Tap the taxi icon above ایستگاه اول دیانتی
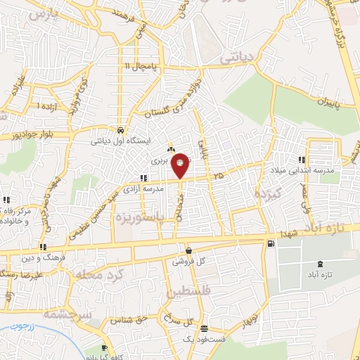click(122, 130)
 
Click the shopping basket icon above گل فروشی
click(188, 250)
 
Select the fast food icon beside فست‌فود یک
click(204, 328)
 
